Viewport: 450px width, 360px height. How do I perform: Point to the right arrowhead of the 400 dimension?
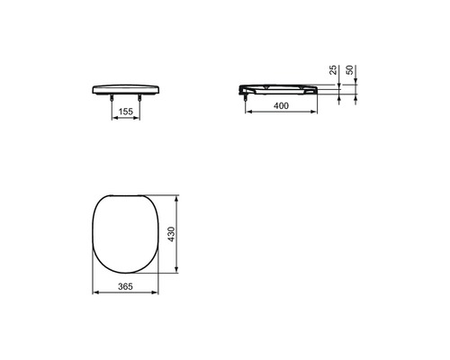(x=319, y=114)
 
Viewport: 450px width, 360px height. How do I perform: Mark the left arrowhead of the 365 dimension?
(x=95, y=293)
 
